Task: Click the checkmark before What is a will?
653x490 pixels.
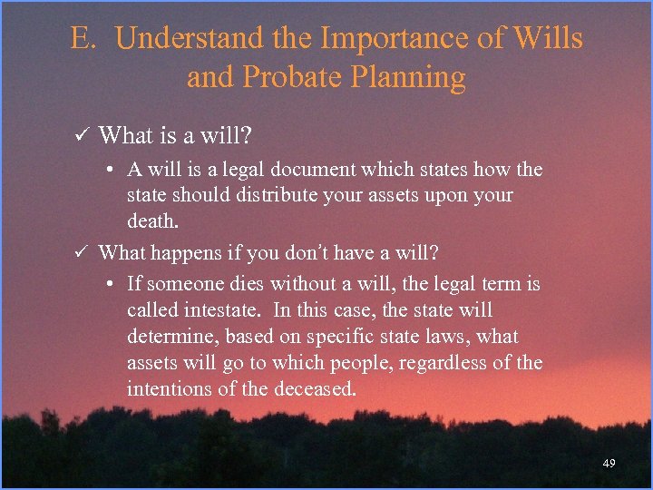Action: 80,136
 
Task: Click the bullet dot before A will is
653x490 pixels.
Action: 108,170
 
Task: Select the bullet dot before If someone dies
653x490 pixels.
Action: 108,284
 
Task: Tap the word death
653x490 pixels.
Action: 153,220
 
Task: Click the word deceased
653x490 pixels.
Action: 316,389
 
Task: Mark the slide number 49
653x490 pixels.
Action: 609,464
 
